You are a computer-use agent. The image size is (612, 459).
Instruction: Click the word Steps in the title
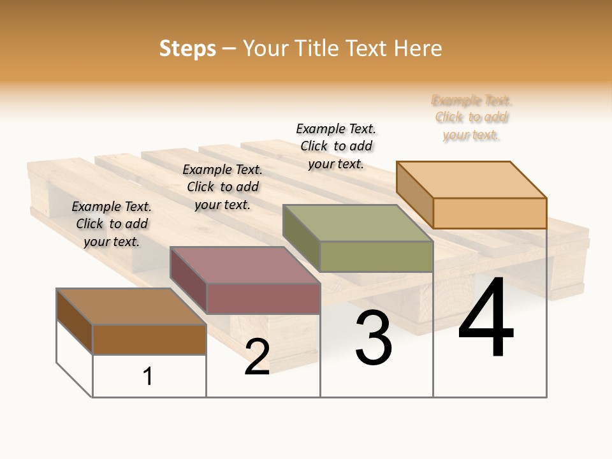tap(187, 49)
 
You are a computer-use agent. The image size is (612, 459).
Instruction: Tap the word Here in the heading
tap(418, 49)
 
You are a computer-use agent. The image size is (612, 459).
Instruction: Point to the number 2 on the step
tap(257, 357)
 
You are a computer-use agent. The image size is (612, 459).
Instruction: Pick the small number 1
tap(148, 376)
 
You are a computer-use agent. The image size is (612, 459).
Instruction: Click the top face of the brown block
tap(131, 307)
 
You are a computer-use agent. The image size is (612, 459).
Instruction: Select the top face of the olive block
tap(358, 223)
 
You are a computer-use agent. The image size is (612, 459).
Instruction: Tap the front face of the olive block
tap(376, 256)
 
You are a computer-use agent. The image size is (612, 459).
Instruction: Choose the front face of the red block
tap(263, 298)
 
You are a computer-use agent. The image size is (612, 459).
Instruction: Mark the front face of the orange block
tap(490, 213)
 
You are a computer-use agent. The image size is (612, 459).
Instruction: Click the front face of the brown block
tap(149, 339)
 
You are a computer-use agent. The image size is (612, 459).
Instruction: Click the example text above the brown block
tap(112, 224)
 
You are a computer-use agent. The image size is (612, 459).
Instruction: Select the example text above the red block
tap(222, 187)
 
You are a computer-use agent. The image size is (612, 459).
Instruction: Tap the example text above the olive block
tap(336, 146)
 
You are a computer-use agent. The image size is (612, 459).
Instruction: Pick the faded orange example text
tap(472, 117)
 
